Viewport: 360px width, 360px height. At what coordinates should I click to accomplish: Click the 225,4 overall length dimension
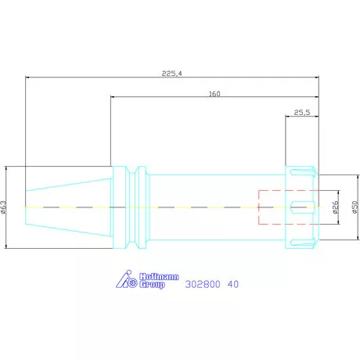(171, 74)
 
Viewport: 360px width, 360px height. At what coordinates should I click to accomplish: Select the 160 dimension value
(214, 94)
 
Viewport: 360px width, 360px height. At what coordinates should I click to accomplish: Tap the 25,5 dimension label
(302, 113)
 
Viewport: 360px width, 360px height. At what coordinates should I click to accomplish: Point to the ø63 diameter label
(3, 207)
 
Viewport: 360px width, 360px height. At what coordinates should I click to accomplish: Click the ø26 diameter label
(336, 207)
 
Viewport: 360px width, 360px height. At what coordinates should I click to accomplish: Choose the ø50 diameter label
(355, 207)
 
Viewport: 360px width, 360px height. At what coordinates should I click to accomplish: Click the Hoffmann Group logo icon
(127, 279)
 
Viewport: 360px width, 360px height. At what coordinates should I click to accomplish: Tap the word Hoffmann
(159, 276)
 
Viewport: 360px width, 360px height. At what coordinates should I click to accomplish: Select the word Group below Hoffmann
(152, 284)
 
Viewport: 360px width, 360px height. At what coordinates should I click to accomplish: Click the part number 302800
(203, 284)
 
